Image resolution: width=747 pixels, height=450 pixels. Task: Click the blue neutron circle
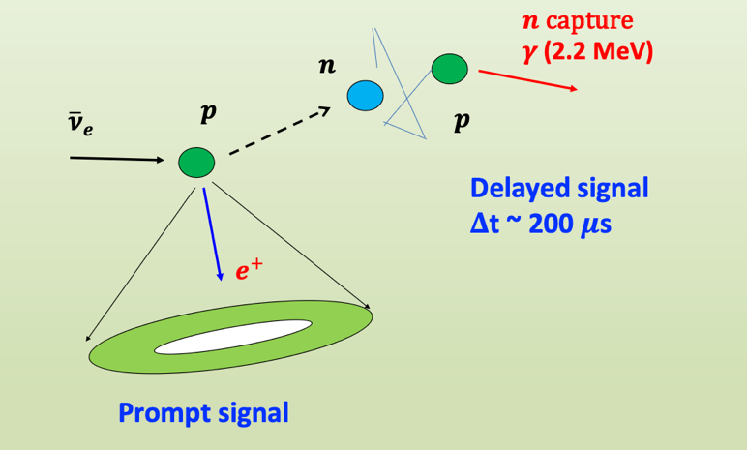(x=366, y=95)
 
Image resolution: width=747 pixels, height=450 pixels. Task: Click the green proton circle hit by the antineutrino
(x=195, y=162)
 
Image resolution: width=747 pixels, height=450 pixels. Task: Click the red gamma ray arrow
(x=527, y=78)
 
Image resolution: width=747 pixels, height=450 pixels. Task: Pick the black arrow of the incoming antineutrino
(x=117, y=158)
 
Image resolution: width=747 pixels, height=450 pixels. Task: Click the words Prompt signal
(x=203, y=414)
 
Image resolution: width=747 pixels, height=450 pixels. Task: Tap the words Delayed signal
(x=558, y=189)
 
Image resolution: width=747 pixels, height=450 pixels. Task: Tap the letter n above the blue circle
(x=328, y=67)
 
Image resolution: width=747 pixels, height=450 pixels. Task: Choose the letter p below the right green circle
(x=462, y=122)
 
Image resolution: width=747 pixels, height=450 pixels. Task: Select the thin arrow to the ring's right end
(x=290, y=242)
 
